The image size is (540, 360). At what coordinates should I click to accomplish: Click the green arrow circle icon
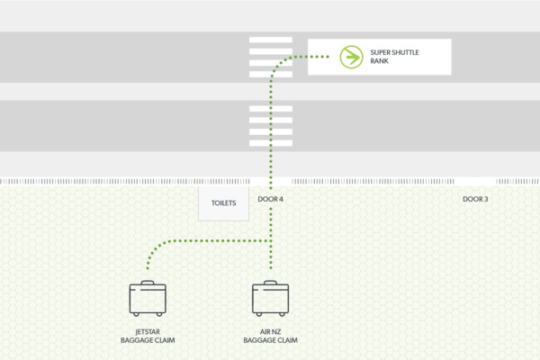tap(348, 57)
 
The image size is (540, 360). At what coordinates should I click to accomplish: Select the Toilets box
tap(224, 203)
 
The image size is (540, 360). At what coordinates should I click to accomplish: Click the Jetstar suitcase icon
tap(148, 299)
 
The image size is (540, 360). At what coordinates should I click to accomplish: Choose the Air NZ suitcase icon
tap(270, 299)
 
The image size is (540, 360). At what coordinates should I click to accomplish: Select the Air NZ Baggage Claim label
tap(270, 336)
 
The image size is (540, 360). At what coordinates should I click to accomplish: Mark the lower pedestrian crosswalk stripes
tap(270, 125)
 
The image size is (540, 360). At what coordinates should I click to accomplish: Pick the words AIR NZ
tap(270, 330)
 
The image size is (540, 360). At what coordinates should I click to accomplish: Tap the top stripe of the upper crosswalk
tap(270, 40)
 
